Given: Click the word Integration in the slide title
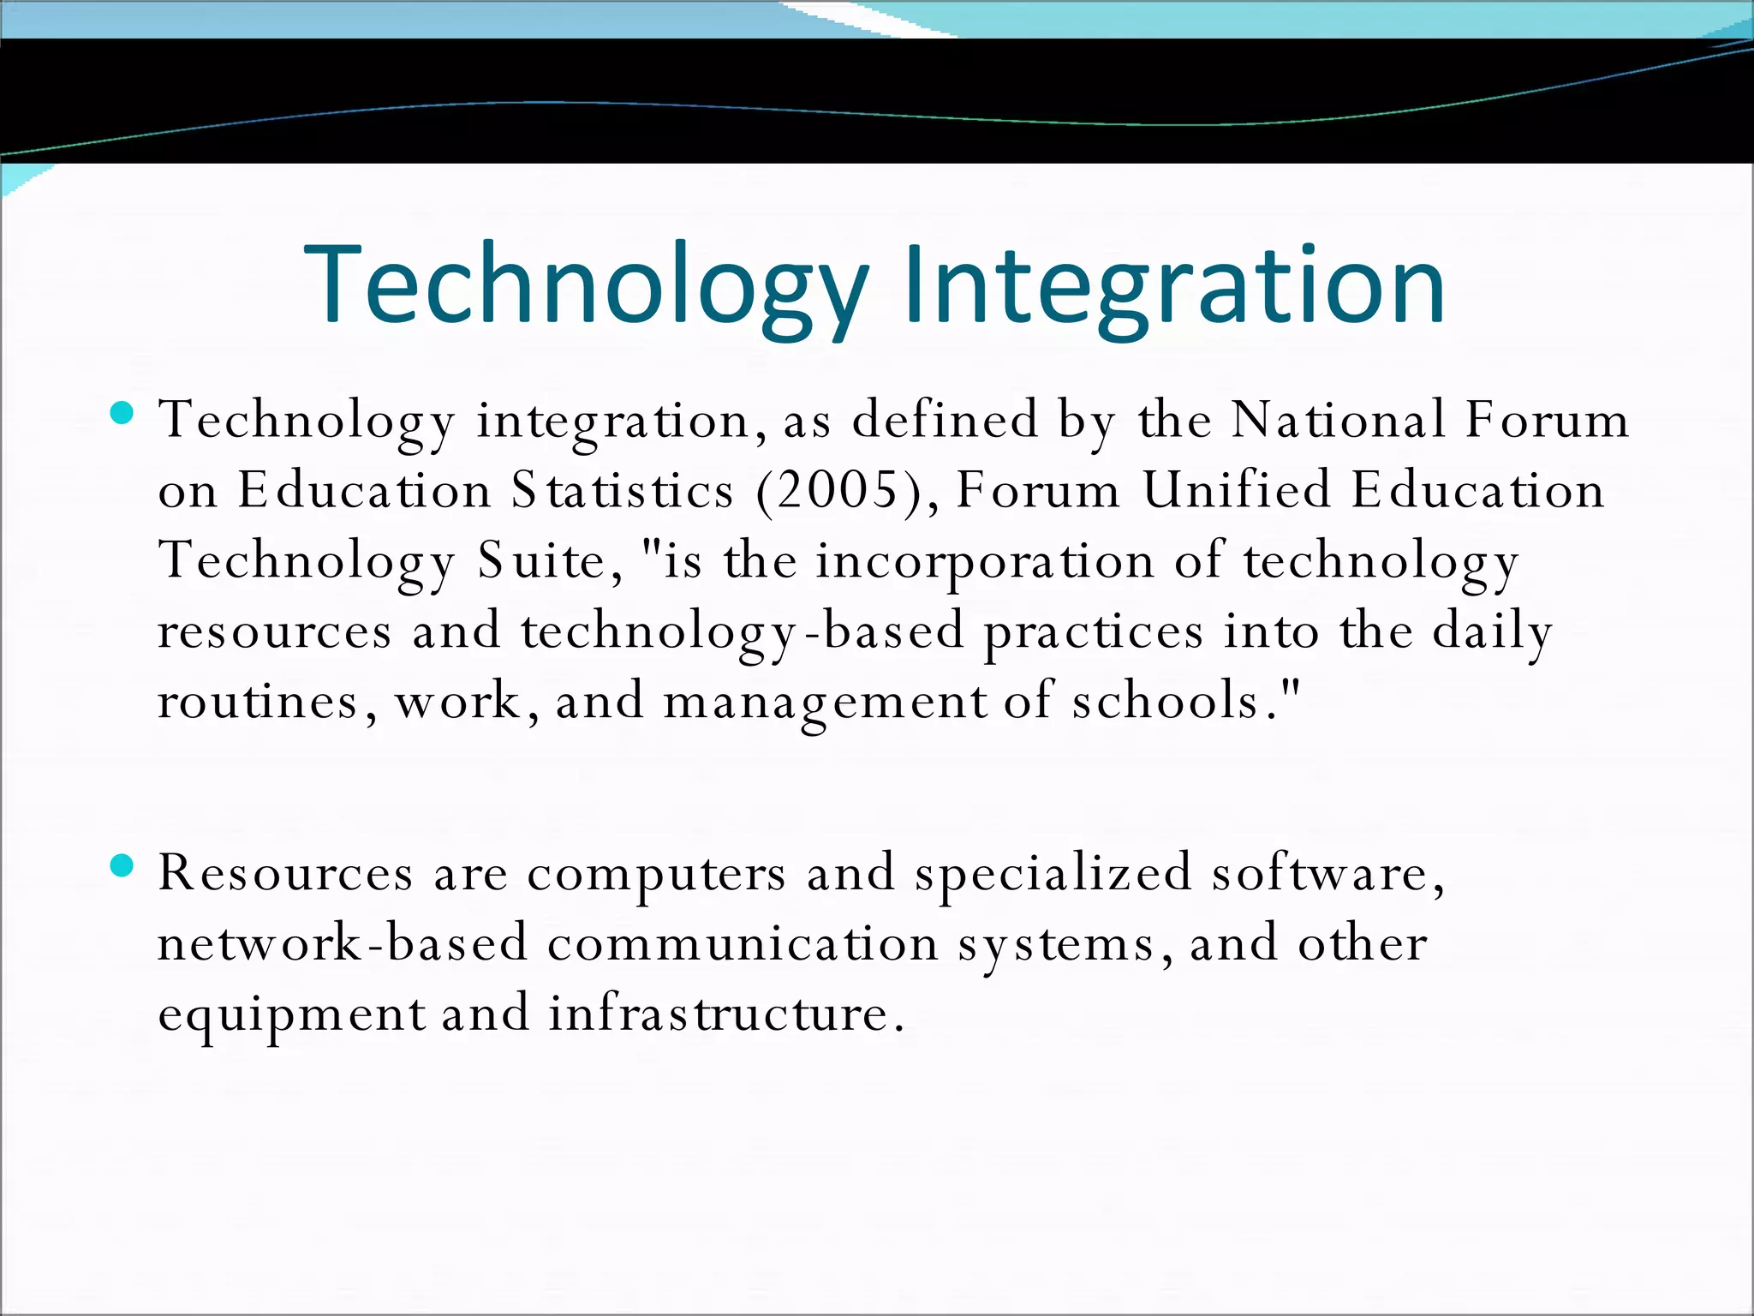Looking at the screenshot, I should click(x=1173, y=284).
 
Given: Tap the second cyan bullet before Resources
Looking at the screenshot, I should click(x=122, y=866).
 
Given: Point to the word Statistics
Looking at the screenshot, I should click(x=623, y=491).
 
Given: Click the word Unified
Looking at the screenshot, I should click(x=1237, y=491).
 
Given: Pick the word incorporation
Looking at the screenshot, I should click(x=984, y=563).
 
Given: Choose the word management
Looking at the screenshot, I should click(x=825, y=703).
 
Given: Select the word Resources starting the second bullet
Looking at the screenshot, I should click(x=285, y=874).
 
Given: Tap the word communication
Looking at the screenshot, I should click(x=743, y=944).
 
